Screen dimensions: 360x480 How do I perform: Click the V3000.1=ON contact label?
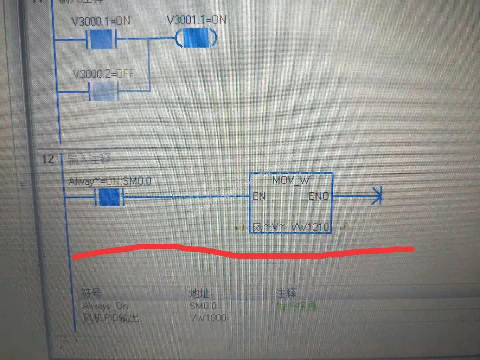(x=101, y=21)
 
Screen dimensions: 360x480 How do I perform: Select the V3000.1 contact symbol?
(x=101, y=39)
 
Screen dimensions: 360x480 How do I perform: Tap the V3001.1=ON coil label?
(x=196, y=20)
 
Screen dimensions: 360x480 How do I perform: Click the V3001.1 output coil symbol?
(x=196, y=38)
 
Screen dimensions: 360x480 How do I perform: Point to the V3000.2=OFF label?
(x=103, y=74)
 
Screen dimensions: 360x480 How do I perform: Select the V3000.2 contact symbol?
(x=103, y=91)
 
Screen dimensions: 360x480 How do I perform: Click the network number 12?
(x=48, y=159)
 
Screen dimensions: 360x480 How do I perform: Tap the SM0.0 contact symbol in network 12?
(x=109, y=197)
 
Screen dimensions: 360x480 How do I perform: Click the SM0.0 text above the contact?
(x=137, y=181)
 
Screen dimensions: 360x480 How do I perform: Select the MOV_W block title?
(x=291, y=180)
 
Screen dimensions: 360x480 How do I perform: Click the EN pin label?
(x=259, y=196)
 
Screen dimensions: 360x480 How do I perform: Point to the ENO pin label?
(x=318, y=196)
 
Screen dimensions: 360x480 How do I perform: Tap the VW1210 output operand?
(x=310, y=227)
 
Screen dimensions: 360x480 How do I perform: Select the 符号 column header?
(x=91, y=293)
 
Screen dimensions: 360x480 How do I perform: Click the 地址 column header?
(x=199, y=293)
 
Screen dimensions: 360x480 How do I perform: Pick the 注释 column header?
(x=286, y=293)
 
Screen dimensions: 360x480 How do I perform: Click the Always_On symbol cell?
(x=105, y=306)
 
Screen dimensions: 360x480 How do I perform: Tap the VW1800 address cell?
(x=208, y=318)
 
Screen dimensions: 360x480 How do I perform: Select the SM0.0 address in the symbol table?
(x=203, y=306)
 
